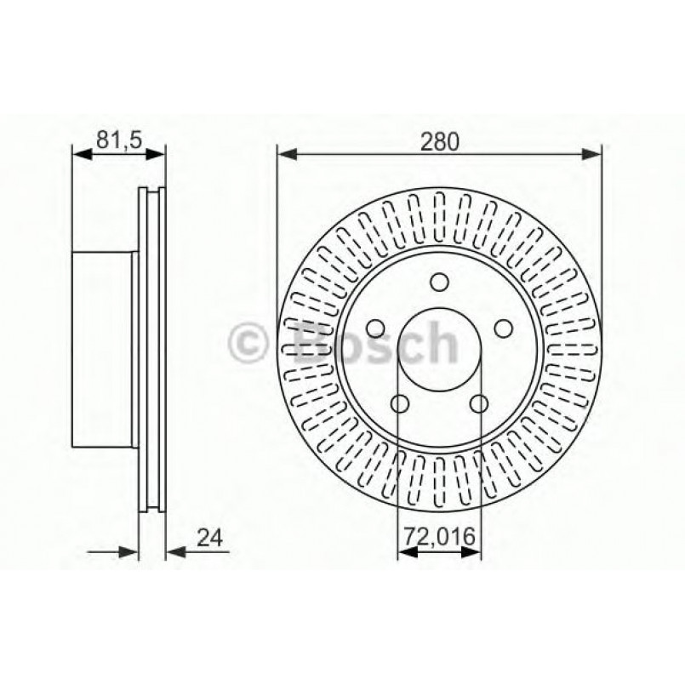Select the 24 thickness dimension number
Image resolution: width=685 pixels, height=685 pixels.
[x=209, y=538]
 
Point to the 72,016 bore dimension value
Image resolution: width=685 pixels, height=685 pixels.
[x=439, y=538]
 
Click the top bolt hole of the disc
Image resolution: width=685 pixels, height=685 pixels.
[x=439, y=282]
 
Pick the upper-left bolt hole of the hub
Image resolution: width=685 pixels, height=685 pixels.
[x=374, y=328]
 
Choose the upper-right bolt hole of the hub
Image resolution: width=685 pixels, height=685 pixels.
[x=504, y=328]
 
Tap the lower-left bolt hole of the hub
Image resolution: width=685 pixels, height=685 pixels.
[x=399, y=403]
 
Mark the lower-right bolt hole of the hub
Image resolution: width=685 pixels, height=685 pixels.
[x=479, y=403]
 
